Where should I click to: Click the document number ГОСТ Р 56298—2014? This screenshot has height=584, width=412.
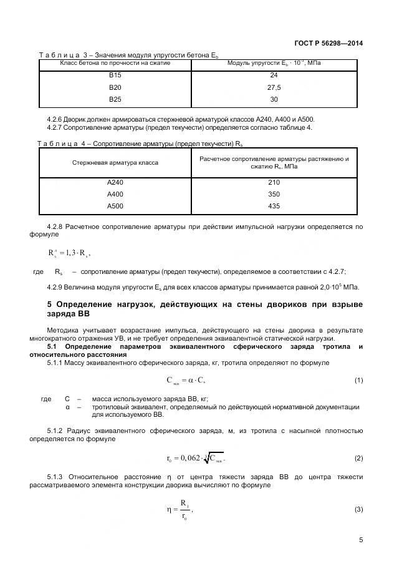[328, 43]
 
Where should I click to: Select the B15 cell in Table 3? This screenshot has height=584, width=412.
[115, 75]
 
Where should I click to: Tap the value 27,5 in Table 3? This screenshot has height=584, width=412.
[274, 87]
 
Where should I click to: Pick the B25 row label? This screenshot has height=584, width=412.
[115, 99]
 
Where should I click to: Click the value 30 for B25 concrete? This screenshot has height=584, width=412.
[274, 99]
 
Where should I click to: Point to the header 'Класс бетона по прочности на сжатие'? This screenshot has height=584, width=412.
[115, 63]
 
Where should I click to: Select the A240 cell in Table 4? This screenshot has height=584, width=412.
[115, 182]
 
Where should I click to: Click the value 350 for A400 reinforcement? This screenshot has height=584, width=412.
[274, 194]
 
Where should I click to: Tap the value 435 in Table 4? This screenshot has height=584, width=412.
[274, 206]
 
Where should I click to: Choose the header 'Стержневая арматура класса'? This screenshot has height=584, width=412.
[115, 163]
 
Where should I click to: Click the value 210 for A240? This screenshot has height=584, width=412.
[274, 182]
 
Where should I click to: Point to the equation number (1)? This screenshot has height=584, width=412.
[358, 380]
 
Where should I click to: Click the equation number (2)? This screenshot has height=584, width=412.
[358, 459]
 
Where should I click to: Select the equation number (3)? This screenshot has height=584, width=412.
[358, 510]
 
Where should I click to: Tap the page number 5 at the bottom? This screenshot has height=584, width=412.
[361, 540]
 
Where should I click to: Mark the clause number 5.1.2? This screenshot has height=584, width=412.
[57, 431]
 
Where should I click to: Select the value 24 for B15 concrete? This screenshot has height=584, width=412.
[274, 75]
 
